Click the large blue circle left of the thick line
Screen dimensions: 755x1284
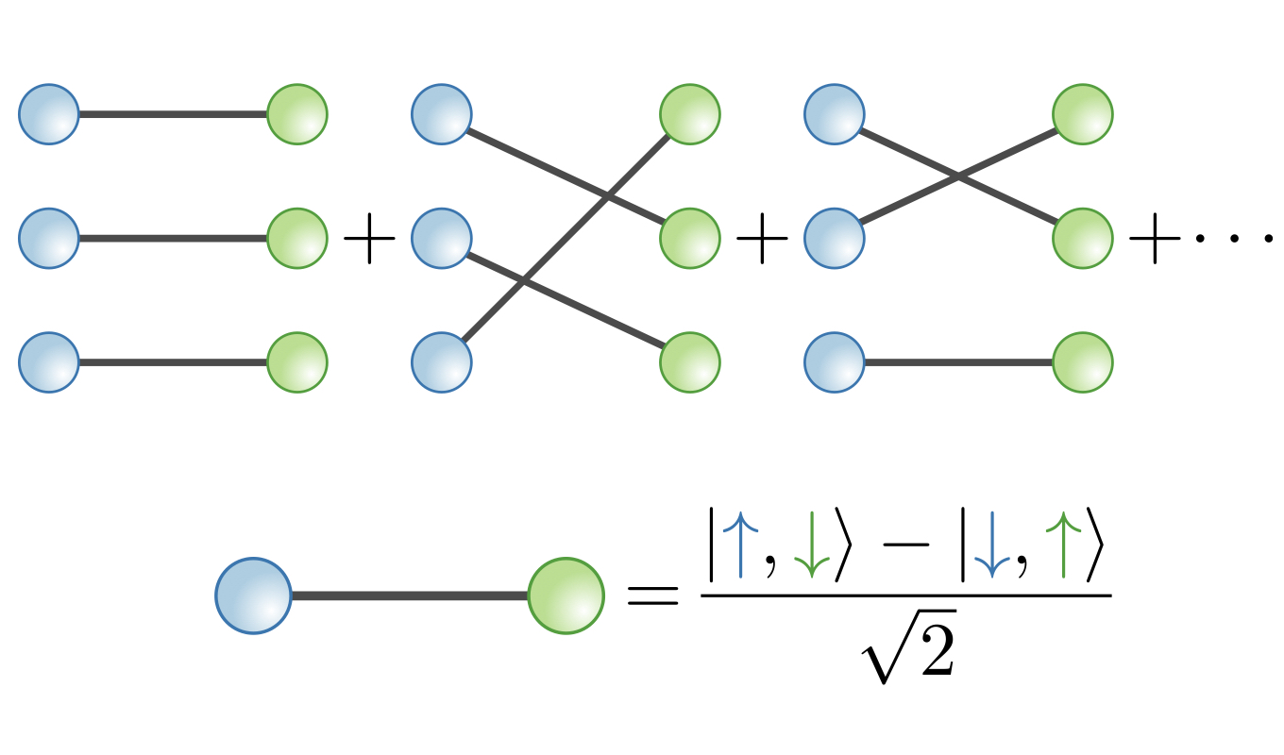tap(253, 596)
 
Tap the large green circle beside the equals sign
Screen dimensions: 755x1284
tap(566, 596)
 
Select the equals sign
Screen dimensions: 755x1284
tap(652, 595)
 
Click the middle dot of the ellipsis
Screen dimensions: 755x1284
tap(1234, 239)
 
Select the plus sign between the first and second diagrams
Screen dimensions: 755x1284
tap(369, 239)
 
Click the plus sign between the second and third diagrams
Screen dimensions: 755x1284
tap(762, 239)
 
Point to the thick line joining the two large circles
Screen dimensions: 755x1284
tap(409, 596)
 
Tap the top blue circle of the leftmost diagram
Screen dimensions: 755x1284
tap(48, 114)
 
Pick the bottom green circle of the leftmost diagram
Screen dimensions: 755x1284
tap(297, 362)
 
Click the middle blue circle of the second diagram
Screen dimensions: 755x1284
tap(441, 238)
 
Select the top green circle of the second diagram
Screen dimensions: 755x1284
tap(690, 114)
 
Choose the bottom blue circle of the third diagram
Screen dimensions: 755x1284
tap(834, 362)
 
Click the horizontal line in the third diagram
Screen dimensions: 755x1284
tap(958, 362)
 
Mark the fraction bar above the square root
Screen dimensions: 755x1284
tap(906, 595)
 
